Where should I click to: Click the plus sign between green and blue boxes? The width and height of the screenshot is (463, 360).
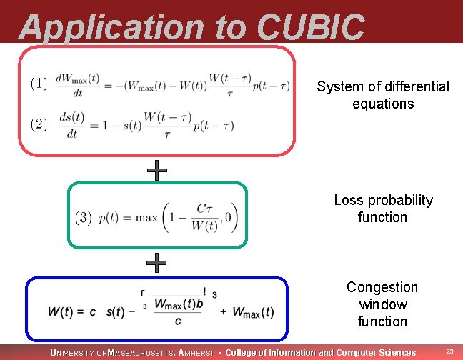156,263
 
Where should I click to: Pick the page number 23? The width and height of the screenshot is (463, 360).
449,351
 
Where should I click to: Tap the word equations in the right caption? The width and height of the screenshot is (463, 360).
382,104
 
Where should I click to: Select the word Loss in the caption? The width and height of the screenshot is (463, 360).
348,201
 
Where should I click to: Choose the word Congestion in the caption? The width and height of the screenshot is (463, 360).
382,287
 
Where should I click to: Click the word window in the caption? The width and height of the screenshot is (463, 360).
382,304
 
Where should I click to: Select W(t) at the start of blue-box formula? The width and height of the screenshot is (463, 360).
63,311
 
